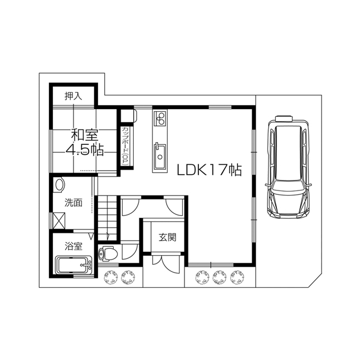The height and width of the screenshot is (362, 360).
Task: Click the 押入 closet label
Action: (73, 96)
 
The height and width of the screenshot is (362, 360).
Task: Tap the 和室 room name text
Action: (85, 135)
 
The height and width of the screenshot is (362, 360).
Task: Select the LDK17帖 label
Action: (210, 170)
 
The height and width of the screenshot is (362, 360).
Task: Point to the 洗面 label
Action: (74, 203)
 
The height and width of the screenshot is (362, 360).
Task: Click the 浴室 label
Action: (74, 246)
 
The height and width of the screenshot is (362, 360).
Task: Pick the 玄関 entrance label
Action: (168, 237)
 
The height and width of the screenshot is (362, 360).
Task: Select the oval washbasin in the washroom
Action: (60, 185)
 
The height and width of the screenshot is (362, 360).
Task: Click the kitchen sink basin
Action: (160, 156)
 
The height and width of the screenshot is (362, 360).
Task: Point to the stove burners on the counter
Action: (160, 119)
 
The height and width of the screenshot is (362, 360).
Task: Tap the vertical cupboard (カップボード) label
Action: (127, 146)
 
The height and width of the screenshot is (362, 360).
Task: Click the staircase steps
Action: (106, 218)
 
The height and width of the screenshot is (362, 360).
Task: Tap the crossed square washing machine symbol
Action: (59, 221)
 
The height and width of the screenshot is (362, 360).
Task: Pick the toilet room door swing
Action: (129, 252)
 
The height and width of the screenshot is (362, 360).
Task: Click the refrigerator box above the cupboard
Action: (128, 116)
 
